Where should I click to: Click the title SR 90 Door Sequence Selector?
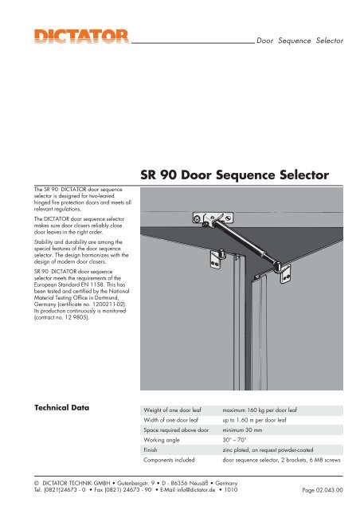233,175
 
